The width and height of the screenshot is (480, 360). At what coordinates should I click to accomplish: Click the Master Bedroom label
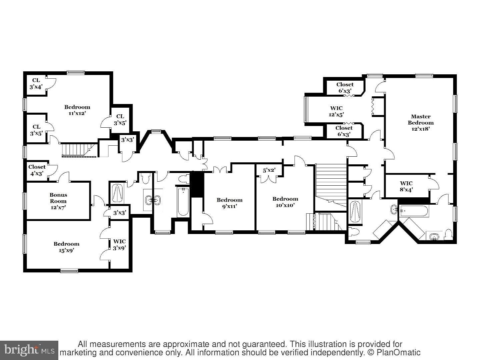421,120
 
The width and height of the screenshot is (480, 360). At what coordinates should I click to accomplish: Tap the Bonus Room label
58,198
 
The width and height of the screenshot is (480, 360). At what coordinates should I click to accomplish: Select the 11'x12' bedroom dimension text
77,113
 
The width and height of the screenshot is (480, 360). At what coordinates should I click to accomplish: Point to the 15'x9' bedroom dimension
66,250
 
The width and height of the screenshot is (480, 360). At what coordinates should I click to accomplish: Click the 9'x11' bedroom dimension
230,206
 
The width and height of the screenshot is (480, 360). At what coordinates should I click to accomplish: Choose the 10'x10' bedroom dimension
285,205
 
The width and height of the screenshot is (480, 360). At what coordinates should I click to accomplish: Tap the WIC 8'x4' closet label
406,186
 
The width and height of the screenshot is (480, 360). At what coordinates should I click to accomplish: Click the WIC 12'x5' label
336,111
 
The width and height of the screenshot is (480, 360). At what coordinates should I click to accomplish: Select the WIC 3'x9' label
119,245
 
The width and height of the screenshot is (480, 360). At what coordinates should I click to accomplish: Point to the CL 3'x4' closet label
36,84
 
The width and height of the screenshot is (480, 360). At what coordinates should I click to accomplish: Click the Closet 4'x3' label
37,170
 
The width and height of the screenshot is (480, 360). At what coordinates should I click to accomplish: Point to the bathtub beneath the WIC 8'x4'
414,211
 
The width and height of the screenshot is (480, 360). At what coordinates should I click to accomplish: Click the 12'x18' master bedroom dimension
421,129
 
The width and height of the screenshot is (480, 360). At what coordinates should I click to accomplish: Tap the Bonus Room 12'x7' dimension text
58,207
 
